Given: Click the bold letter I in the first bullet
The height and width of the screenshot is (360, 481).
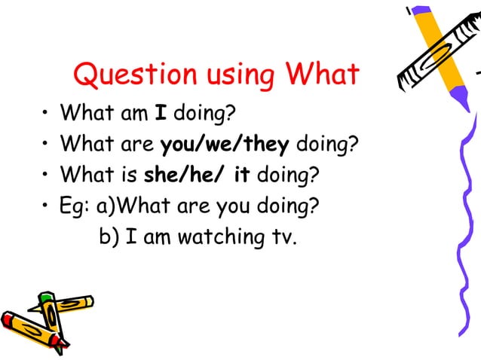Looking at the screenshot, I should point(161,115).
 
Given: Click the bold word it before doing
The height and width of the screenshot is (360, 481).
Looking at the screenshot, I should point(242,175).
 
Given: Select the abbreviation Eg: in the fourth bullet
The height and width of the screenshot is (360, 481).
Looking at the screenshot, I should point(77,206).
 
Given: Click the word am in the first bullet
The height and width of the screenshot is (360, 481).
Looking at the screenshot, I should point(135,115).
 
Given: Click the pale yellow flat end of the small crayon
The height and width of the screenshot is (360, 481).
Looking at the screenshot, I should point(89,302).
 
